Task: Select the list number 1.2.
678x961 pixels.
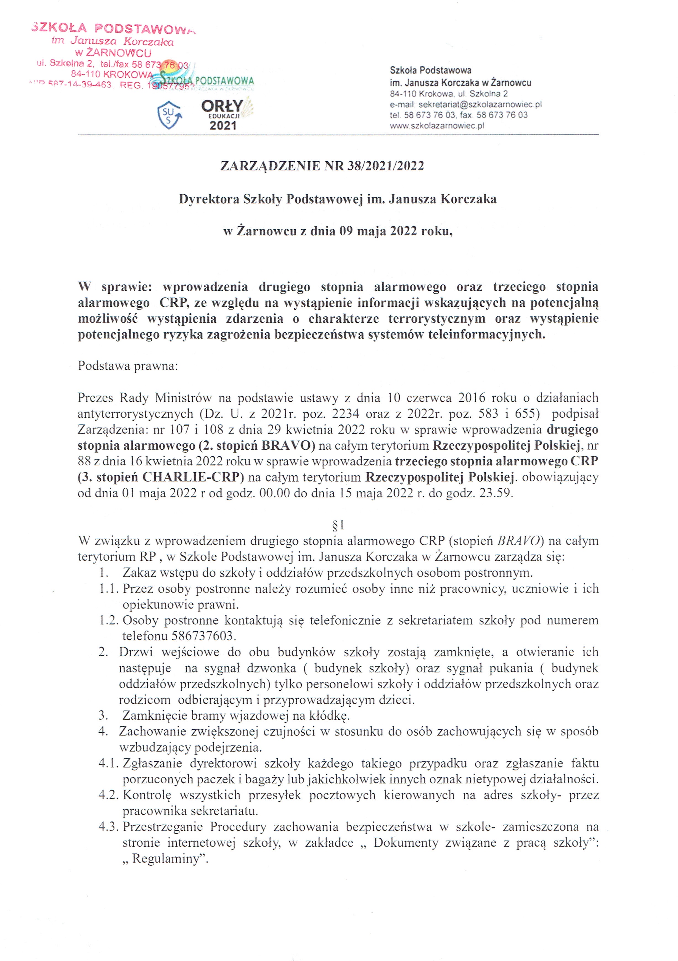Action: [109, 620]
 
